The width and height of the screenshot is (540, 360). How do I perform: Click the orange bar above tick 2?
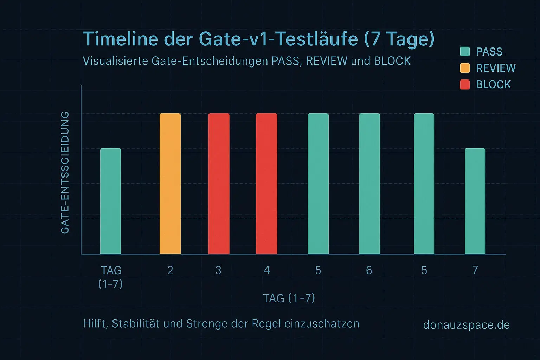coord(170,184)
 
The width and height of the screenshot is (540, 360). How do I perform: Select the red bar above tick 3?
coord(219,184)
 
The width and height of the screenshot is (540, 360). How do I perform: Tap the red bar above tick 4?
coord(266,184)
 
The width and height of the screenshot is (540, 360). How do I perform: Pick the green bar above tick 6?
coord(369,184)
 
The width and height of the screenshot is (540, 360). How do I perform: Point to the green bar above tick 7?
coord(475,201)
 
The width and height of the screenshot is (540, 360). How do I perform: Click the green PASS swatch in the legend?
coord(465,52)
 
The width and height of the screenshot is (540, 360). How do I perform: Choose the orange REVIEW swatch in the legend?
coord(465,68)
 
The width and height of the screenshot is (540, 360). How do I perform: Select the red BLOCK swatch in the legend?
coord(465,84)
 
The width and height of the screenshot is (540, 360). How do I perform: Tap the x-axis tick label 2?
coord(170,270)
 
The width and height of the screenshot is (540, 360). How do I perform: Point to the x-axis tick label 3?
coord(218,270)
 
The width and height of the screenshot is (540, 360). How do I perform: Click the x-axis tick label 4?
coord(267,270)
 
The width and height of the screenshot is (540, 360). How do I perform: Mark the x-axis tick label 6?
coord(369,270)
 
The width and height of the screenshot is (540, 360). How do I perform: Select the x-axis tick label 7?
coord(475,270)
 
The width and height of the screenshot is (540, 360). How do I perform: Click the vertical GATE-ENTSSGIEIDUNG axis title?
coord(65,172)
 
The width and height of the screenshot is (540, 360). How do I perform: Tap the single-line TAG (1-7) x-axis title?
coord(289,298)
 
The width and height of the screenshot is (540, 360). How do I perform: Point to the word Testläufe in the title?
coord(316,39)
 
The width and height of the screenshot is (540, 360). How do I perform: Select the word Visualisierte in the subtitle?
coord(115,61)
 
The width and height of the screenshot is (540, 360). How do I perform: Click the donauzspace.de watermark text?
coord(466,324)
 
